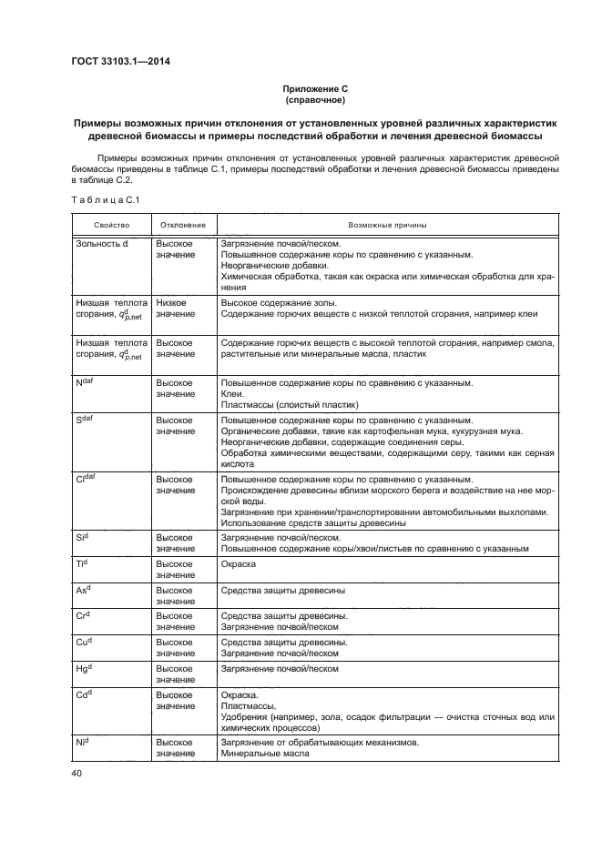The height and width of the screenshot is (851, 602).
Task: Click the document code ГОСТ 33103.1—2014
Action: (121, 62)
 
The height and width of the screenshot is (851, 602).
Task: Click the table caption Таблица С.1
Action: (105, 199)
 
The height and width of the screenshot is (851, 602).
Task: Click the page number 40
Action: (76, 773)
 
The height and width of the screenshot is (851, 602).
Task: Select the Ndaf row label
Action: (86, 383)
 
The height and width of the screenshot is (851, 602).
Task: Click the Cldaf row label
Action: (87, 479)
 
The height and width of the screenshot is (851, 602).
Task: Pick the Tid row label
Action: (81, 564)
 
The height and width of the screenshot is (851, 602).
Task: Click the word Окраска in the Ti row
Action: (239, 564)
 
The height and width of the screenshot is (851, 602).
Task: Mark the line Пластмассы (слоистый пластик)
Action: (291, 405)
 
